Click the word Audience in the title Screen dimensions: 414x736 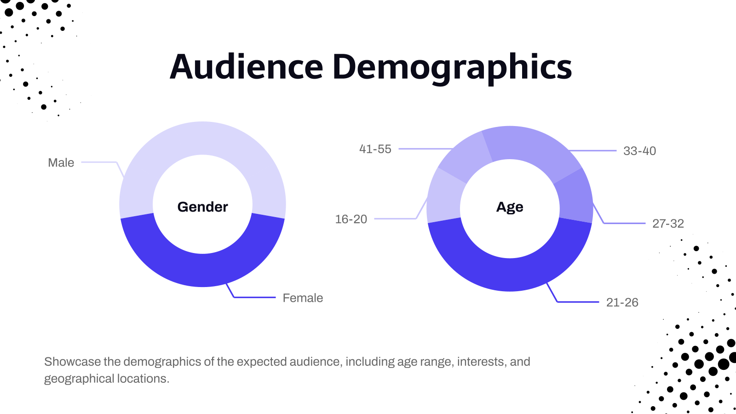pyautogui.click(x=246, y=67)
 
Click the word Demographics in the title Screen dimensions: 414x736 pyautogui.click(x=452, y=67)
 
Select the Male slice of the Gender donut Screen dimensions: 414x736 pyautogui.click(x=202, y=138)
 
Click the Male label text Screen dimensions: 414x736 pyautogui.click(x=61, y=163)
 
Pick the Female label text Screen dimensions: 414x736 pyautogui.click(x=303, y=298)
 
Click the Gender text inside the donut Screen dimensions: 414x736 pyautogui.click(x=202, y=207)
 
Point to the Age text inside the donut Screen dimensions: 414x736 pyautogui.click(x=510, y=207)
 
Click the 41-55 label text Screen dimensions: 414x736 pyautogui.click(x=375, y=149)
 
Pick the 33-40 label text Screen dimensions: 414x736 pyautogui.click(x=639, y=151)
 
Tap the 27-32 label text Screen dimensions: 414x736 pyautogui.click(x=668, y=224)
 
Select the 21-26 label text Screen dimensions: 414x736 pyautogui.click(x=622, y=302)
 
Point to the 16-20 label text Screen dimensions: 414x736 pyautogui.click(x=351, y=219)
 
